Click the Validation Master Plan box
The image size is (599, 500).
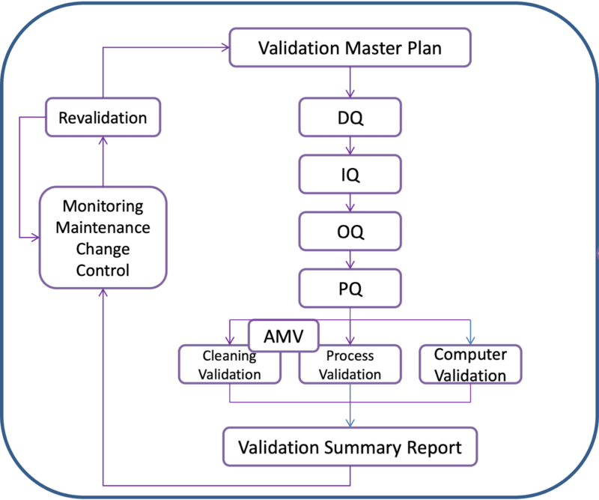click(x=350, y=49)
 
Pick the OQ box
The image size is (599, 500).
click(x=350, y=232)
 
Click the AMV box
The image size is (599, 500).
click(x=283, y=334)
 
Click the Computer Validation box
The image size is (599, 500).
click(x=470, y=364)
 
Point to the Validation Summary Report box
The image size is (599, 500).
click(x=350, y=448)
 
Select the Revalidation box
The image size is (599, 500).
click(x=103, y=117)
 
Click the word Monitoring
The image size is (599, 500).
click(x=103, y=205)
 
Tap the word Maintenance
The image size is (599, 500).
click(x=103, y=226)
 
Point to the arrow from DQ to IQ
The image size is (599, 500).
click(x=350, y=146)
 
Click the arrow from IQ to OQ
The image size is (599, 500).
click(x=350, y=203)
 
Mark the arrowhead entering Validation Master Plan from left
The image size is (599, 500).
click(x=225, y=49)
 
